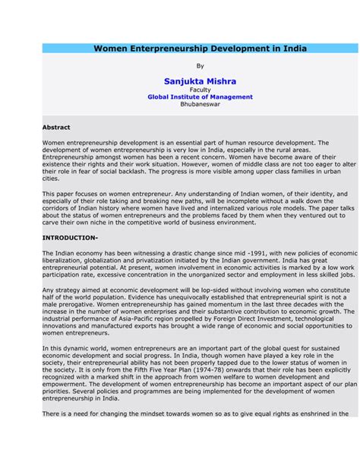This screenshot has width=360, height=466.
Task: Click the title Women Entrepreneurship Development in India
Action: (200, 48)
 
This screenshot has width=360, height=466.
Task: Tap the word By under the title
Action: (200, 66)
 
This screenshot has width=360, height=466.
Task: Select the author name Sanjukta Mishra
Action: (200, 81)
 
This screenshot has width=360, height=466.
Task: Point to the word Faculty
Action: (200, 90)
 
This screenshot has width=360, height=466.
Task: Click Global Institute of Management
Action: (200, 97)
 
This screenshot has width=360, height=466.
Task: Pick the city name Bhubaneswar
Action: (200, 105)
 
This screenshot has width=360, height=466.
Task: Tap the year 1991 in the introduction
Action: (238, 252)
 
